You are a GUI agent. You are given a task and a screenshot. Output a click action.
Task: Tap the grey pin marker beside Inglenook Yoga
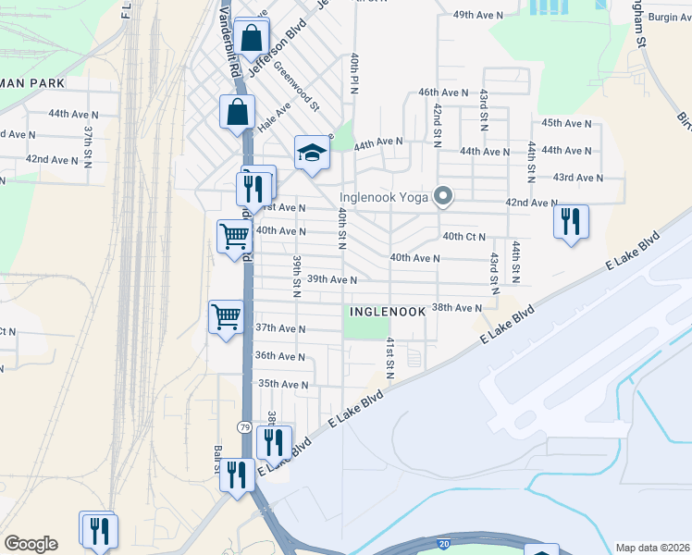point(444,196)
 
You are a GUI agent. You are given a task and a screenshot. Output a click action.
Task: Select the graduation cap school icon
point(313,153)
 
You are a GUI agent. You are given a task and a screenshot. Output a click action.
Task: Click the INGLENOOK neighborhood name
point(388,313)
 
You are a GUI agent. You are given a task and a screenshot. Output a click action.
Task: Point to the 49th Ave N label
point(477,16)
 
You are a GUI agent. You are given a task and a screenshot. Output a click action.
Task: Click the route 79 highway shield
point(243,426)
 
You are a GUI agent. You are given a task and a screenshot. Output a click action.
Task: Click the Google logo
point(31,544)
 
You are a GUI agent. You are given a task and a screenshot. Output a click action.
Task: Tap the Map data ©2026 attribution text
point(652,548)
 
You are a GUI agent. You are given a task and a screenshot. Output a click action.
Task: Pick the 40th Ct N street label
point(464,237)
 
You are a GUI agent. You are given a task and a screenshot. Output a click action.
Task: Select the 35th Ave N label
point(282,384)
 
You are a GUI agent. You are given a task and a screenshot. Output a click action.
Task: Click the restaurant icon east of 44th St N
point(571,221)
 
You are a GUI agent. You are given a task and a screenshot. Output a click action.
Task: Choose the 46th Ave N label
point(441,93)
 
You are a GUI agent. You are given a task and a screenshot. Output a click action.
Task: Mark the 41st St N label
point(389,358)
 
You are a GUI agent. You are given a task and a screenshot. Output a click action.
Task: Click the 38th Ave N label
point(457,307)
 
